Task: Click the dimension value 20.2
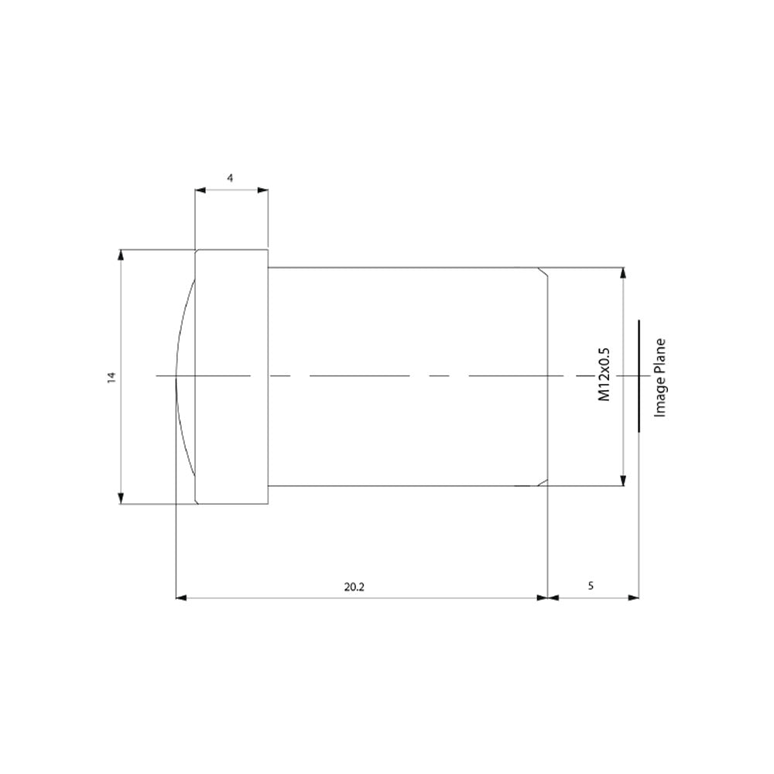(354, 587)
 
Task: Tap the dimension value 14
(111, 378)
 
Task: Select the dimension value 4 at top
(230, 178)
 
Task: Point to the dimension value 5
(591, 586)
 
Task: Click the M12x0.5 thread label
(604, 375)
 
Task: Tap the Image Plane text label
(660, 378)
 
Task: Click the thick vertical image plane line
(639, 375)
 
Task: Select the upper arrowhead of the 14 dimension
(121, 255)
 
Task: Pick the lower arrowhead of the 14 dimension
(121, 498)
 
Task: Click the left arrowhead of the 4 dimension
(200, 190)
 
